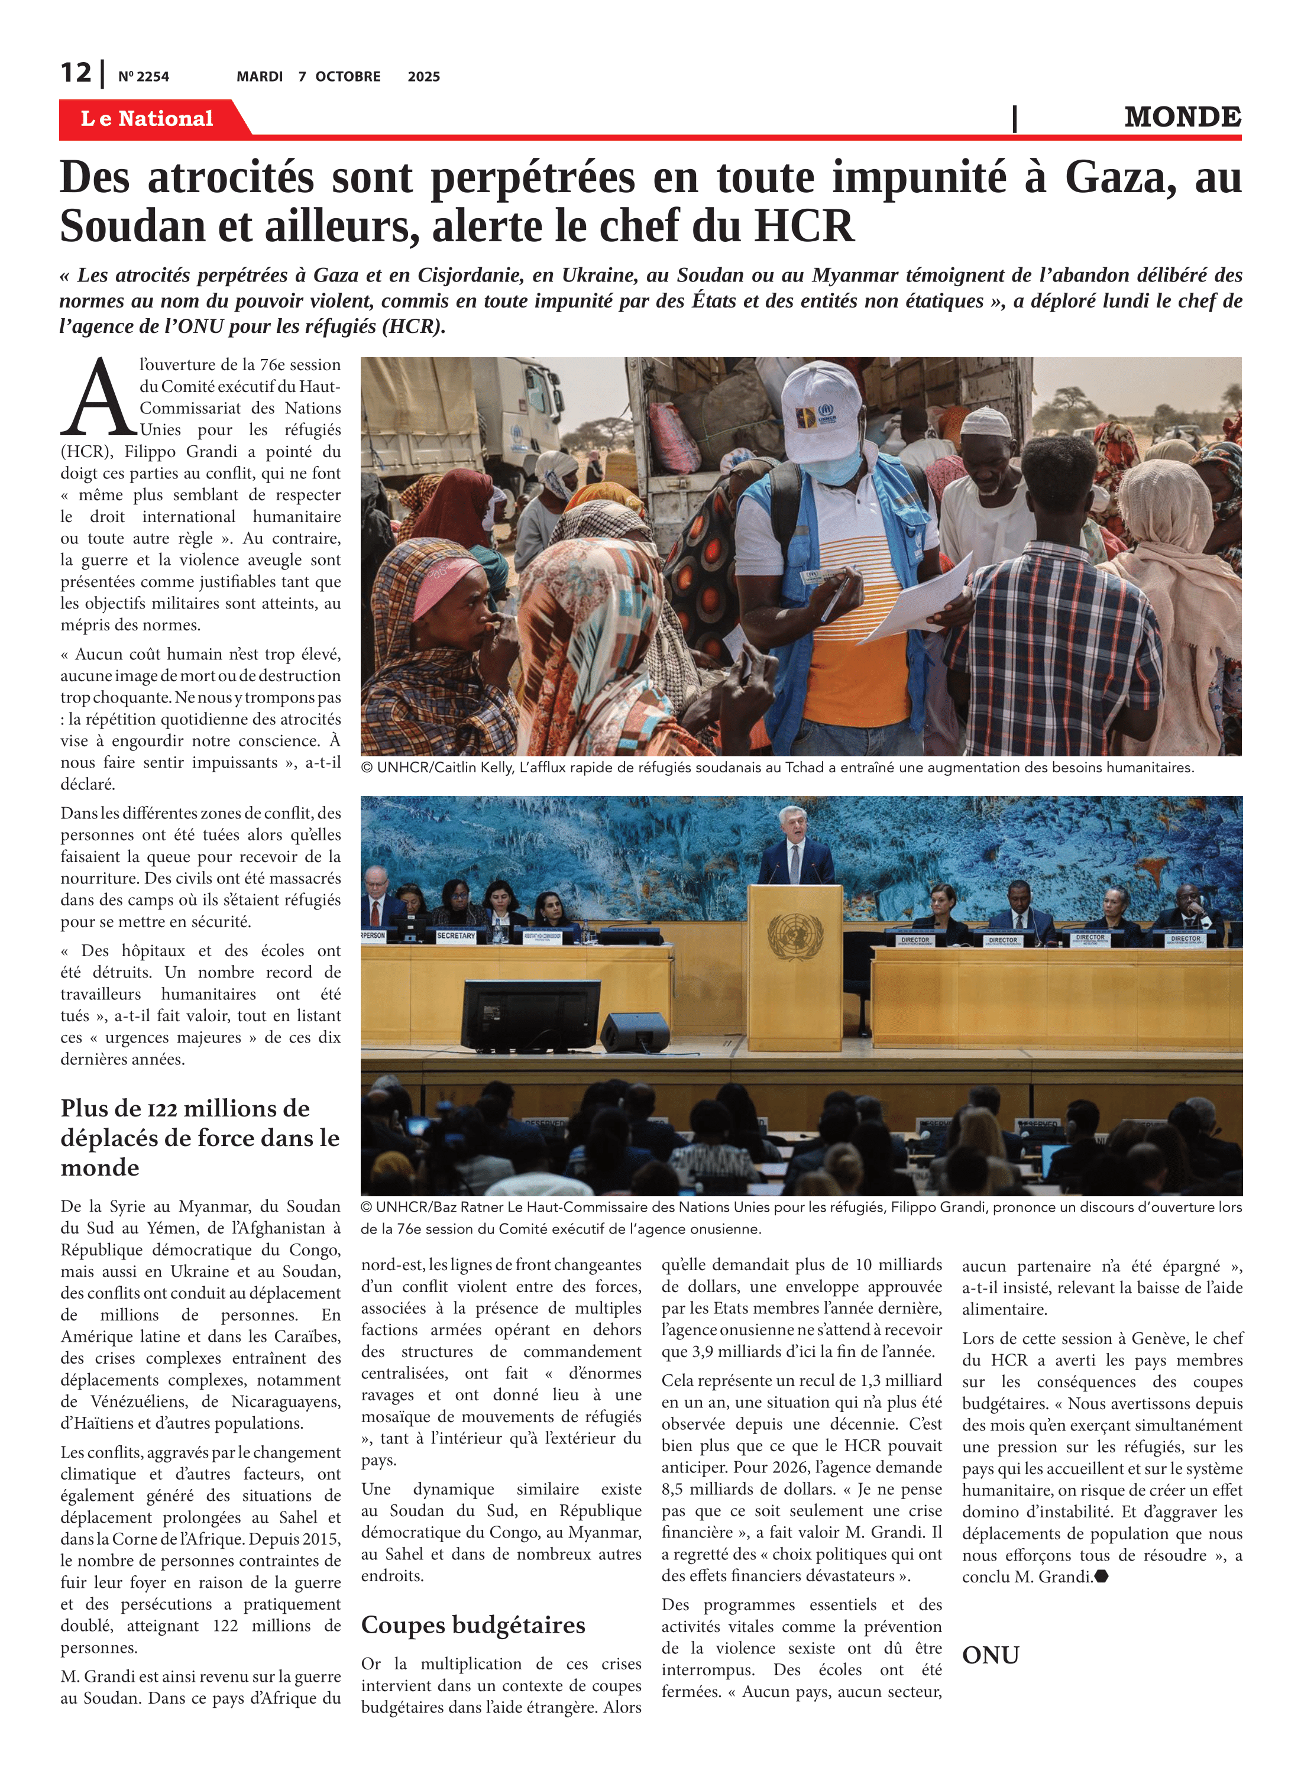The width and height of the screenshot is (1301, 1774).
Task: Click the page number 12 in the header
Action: (76, 73)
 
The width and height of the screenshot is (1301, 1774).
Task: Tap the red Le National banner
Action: (147, 118)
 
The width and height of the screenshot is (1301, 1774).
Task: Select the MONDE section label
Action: (1182, 117)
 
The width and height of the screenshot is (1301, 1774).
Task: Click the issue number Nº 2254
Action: (143, 77)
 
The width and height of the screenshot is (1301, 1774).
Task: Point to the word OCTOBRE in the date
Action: (347, 76)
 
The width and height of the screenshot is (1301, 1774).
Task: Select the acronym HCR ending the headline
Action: (803, 226)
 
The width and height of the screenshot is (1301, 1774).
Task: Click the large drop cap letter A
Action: (98, 399)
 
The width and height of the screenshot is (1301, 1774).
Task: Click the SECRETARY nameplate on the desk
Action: (456, 936)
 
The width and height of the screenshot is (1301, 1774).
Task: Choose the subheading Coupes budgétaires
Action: (472, 1625)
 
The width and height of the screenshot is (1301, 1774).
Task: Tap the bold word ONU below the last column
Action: (990, 1655)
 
